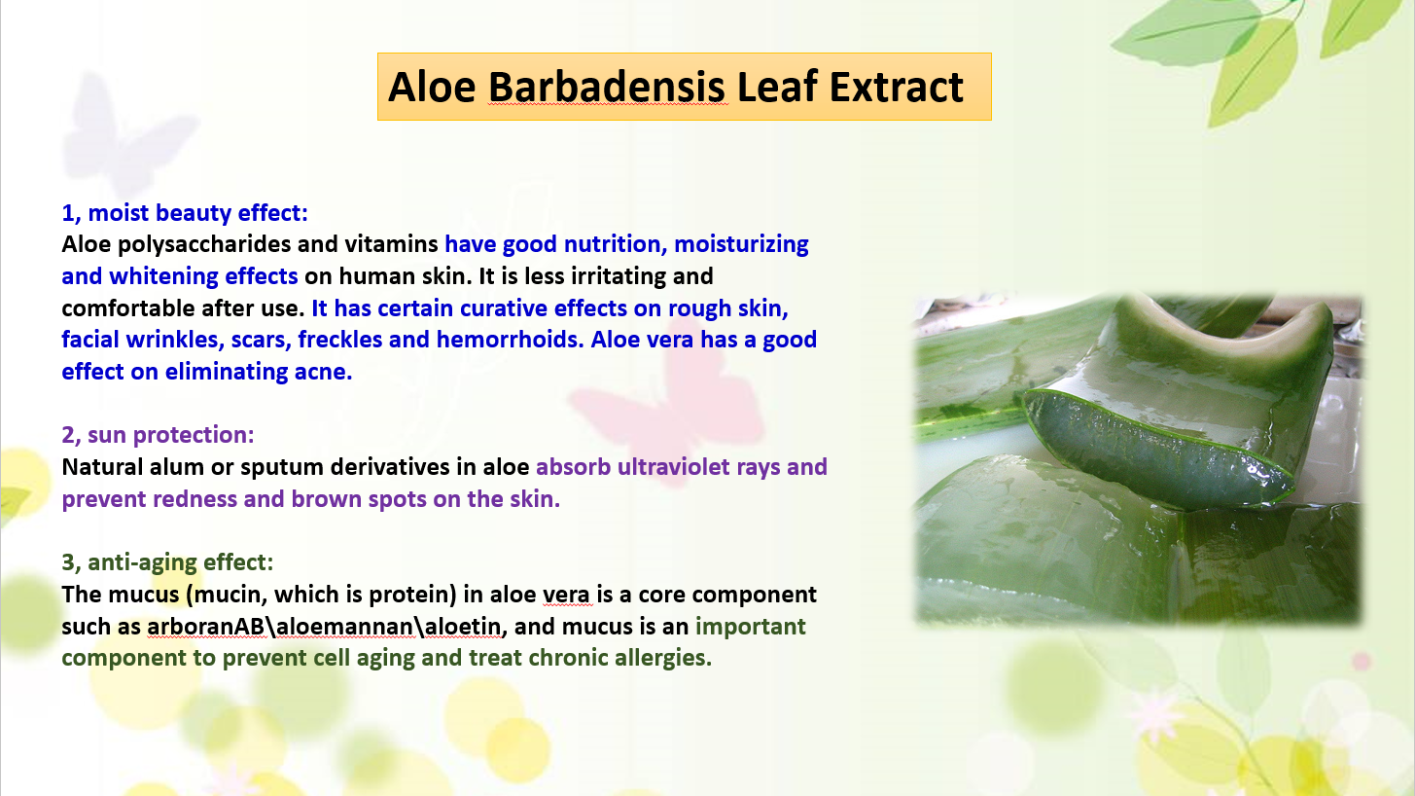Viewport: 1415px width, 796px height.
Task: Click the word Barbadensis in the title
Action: (x=607, y=87)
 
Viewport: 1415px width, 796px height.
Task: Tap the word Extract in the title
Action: (x=896, y=87)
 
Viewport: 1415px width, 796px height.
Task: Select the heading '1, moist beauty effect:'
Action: (x=185, y=213)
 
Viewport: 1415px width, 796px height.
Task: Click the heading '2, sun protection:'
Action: (x=158, y=435)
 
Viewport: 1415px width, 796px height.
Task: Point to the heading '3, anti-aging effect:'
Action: (x=167, y=562)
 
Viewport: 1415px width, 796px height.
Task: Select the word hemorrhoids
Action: (x=510, y=340)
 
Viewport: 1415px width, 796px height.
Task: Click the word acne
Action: (x=323, y=373)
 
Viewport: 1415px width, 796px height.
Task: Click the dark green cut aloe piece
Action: (x=1157, y=448)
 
